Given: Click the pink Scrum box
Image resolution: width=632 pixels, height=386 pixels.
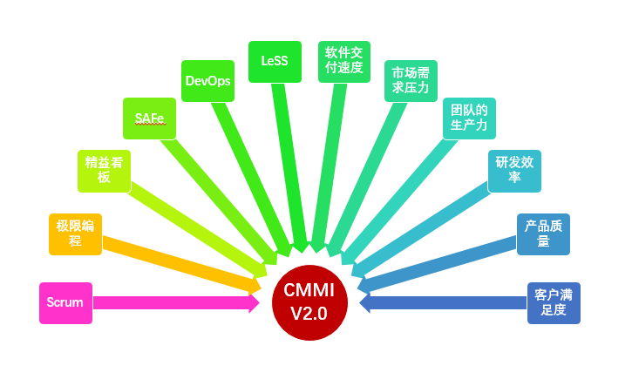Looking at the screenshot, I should coord(65,303).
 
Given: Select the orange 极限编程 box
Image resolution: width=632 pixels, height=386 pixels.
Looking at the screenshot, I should coord(75,234).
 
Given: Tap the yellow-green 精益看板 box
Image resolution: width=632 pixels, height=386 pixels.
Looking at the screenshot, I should coord(104,170).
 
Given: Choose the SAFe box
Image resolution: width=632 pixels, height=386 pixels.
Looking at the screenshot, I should coord(149,119).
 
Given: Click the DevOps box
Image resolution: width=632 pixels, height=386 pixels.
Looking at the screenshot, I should coord(207,81).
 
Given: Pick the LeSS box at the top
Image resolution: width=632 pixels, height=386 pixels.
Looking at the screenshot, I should coord(275,62).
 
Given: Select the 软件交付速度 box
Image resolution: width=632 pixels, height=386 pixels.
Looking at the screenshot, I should coord(343,62).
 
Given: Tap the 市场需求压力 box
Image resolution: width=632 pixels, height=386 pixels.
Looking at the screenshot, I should coord(411,81).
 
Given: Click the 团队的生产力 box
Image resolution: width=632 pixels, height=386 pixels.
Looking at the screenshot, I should coord(469,119).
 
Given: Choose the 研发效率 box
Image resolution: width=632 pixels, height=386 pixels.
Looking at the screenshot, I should coord(514,170).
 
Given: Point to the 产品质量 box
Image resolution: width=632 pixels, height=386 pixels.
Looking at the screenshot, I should coord(543,234).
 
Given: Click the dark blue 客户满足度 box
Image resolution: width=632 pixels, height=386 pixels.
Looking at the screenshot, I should coord(554,303).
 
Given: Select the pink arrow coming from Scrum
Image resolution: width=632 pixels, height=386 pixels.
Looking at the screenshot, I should coord(174,303).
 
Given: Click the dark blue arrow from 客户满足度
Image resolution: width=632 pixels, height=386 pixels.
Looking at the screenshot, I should coord(445,303).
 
